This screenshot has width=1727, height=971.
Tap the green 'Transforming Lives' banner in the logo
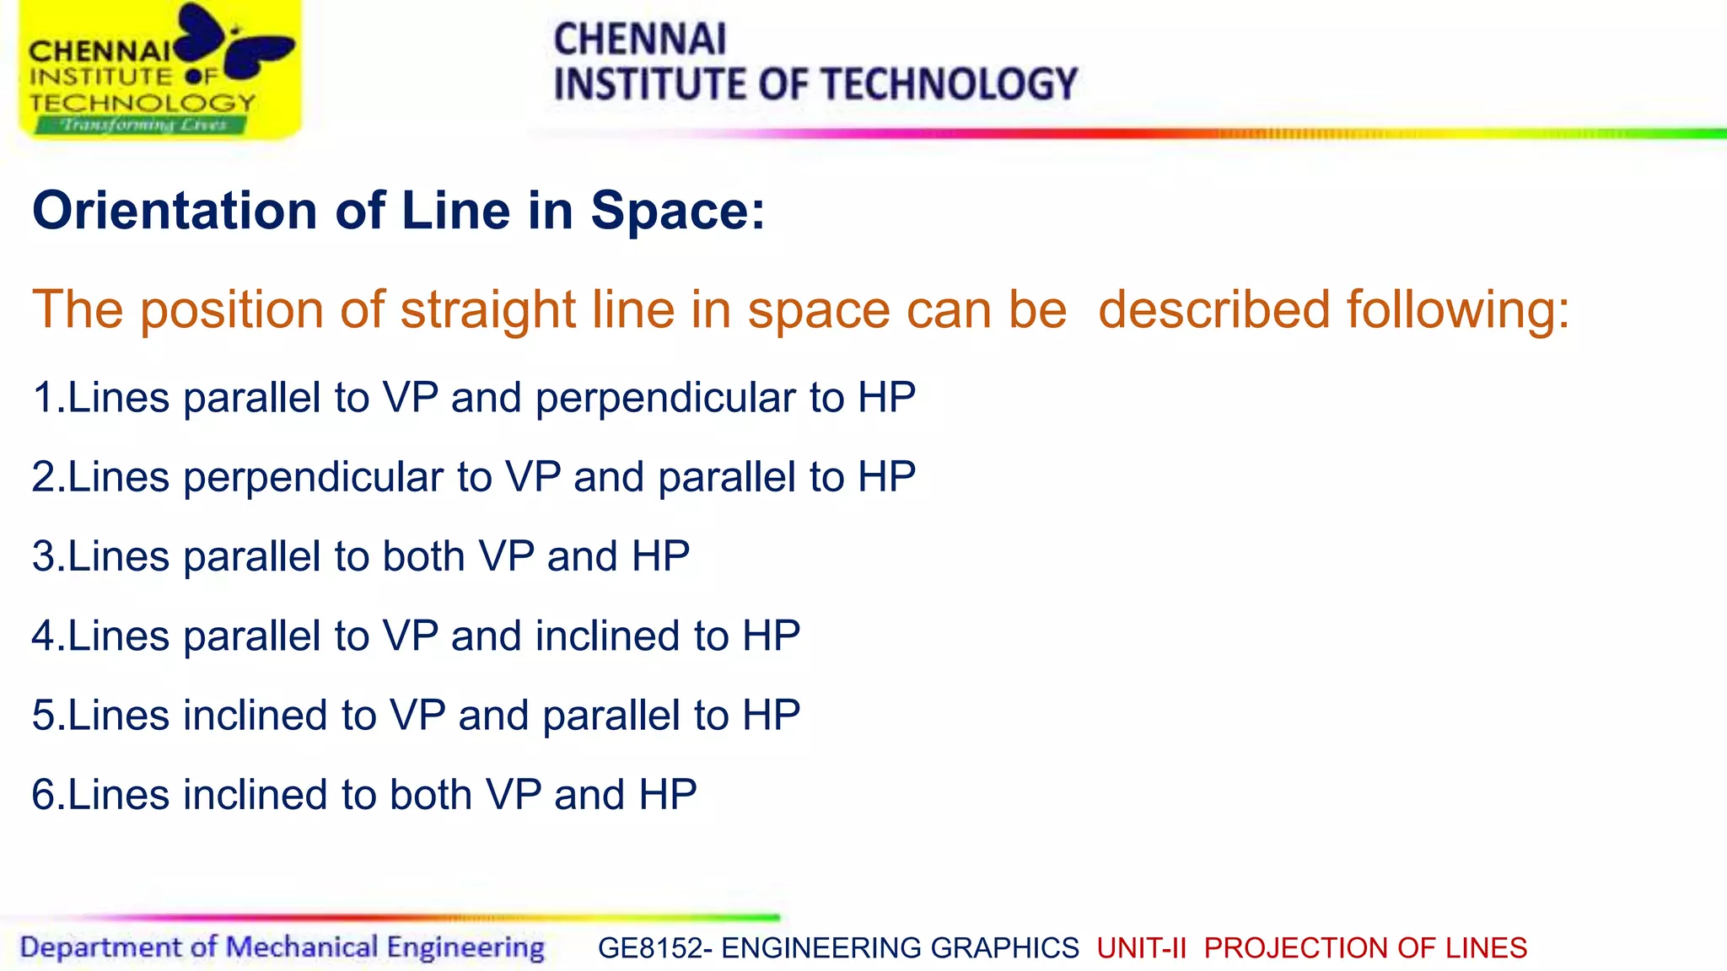click(142, 125)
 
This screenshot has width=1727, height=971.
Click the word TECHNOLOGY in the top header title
click(950, 84)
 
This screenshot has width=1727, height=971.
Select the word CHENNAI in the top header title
click(639, 39)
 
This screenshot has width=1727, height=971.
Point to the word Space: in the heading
click(677, 210)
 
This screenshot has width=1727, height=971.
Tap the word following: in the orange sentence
click(1458, 309)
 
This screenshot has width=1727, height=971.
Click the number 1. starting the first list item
click(47, 397)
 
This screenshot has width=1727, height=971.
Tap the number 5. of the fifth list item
click(47, 716)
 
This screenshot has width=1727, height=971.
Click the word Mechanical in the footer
click(302, 947)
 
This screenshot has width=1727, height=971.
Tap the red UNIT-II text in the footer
click(1141, 948)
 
